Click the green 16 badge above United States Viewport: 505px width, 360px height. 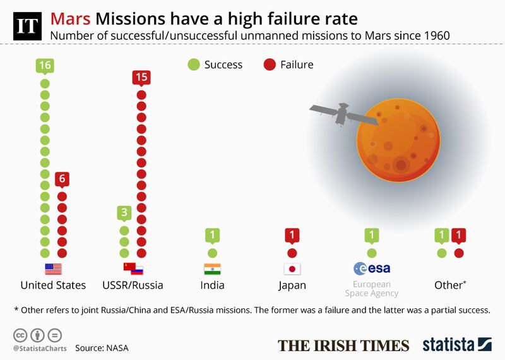pos(44,66)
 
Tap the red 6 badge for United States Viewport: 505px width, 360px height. pos(62,179)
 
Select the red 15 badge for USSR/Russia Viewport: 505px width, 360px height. pos(141,78)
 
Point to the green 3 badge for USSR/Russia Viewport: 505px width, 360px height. pos(124,213)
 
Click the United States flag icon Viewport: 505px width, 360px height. pos(53,268)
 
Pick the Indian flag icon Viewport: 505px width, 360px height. pos(212,268)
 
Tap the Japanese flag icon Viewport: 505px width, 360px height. pos(292,268)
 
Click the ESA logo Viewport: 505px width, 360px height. pos(372,268)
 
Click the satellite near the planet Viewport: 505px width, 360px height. pos(337,113)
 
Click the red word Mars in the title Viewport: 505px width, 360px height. pos(71,18)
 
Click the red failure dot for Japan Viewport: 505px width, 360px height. pos(292,253)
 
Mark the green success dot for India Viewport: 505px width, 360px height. pos(212,253)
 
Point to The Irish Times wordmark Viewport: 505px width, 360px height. pos(344,345)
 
